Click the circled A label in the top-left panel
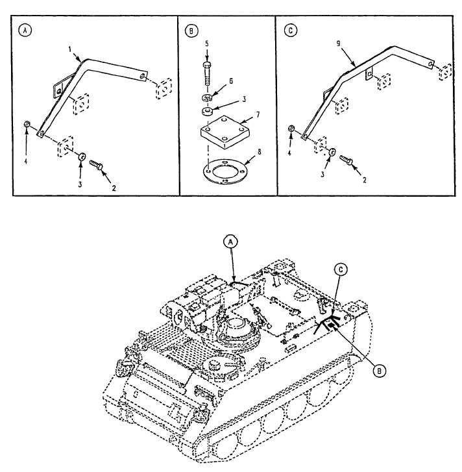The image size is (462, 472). point(25,30)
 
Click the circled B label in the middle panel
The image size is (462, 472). point(191,31)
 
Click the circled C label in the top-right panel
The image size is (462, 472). point(290,31)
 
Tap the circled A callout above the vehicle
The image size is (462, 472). point(231,242)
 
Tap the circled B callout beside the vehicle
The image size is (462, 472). point(380,371)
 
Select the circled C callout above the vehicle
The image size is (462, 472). point(341,269)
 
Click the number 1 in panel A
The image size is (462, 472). point(70,49)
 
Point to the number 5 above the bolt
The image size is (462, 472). point(207,43)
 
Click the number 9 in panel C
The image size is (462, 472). point(338,43)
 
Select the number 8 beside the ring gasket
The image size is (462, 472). point(260,152)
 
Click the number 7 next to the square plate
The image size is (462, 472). point(258,115)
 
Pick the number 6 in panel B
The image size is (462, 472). point(231,81)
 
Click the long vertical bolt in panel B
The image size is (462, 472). point(207,75)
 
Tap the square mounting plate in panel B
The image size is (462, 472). point(225,132)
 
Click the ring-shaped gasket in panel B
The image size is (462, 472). point(225,171)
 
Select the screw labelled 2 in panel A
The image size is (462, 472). point(96,165)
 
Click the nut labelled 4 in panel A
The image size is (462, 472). point(27,124)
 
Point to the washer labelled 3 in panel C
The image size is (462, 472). point(332,152)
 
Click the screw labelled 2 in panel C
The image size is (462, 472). point(346,160)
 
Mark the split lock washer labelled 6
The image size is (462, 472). point(206,97)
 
